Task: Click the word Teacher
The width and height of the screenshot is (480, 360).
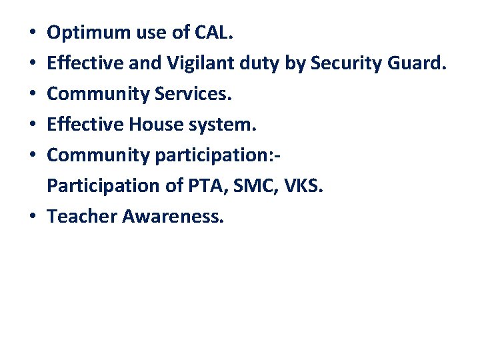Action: tap(83, 216)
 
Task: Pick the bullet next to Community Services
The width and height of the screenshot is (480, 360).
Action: tap(33, 95)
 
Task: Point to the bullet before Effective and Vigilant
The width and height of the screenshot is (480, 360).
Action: tap(33, 64)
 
